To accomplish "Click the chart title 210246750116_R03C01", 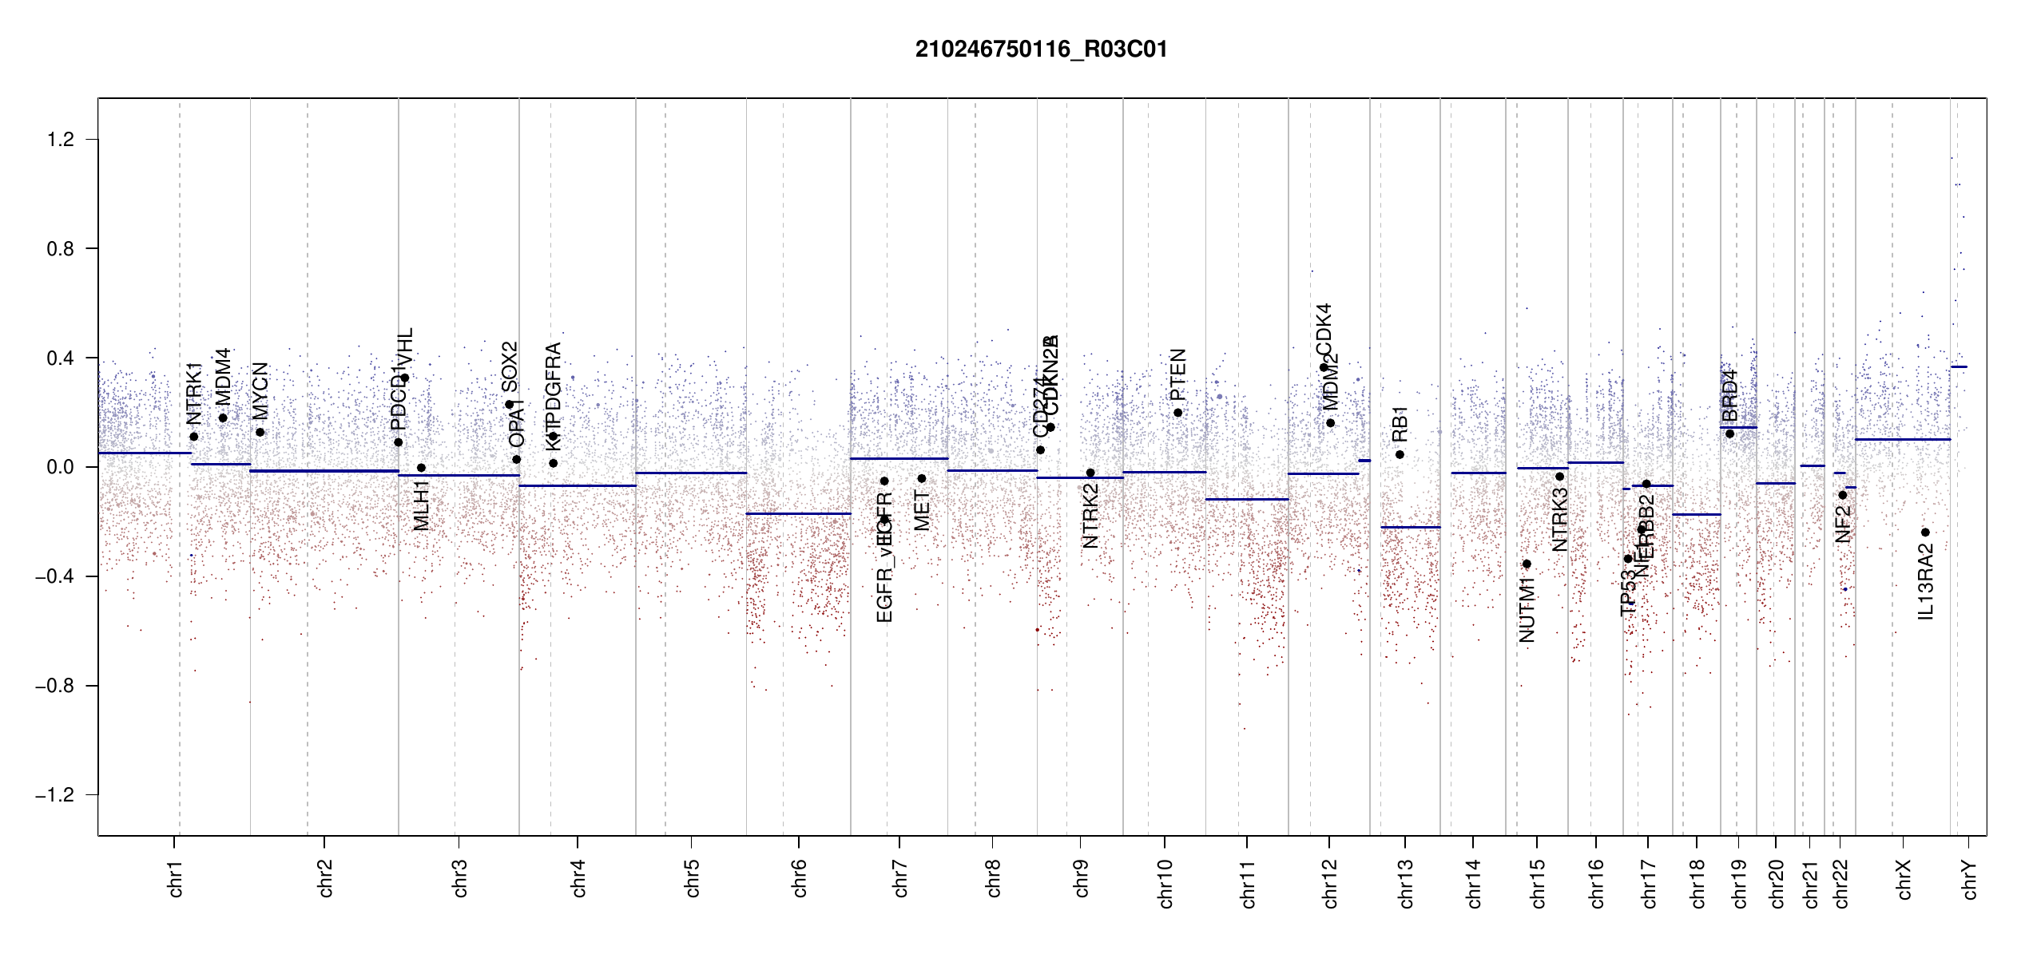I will click(x=1041, y=49).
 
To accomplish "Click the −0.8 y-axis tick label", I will click(x=55, y=686).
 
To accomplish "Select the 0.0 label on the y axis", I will click(x=61, y=467).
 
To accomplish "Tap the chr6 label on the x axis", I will click(x=799, y=878).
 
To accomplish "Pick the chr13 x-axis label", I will click(x=1405, y=883).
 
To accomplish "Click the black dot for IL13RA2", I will click(x=1925, y=532).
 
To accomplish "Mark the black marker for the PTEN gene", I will click(x=1177, y=413).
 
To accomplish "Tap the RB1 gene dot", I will click(x=1400, y=455).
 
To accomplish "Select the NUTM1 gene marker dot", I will click(x=1527, y=564).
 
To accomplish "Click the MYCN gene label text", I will click(x=260, y=390).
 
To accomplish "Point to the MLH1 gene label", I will click(x=422, y=505).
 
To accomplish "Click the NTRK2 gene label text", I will click(x=1090, y=516).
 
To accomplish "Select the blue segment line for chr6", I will click(x=798, y=513).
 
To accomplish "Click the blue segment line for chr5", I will click(x=691, y=473).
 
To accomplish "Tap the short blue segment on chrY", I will click(x=1959, y=367).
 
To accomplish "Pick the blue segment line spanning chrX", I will click(x=1902, y=439).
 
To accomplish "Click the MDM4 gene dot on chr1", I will click(x=223, y=418).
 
